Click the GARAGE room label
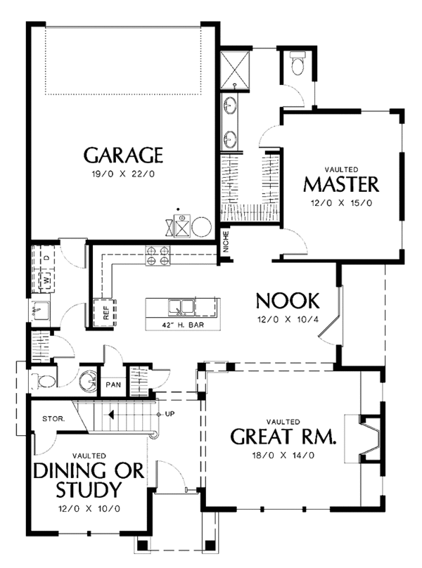124,155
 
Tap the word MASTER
341,185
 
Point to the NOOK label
288,301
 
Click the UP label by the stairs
170,414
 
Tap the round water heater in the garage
201,227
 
